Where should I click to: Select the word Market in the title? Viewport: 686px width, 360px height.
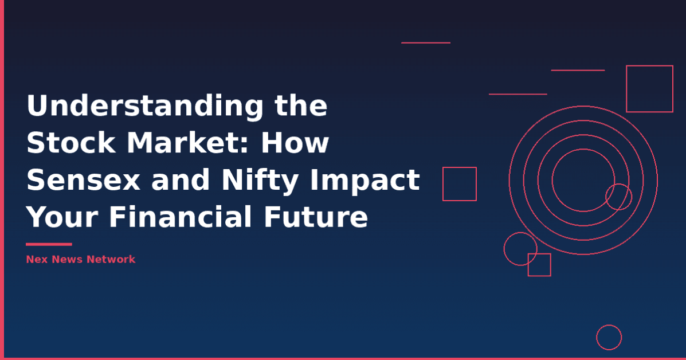(189, 143)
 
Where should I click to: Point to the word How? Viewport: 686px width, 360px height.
(296, 143)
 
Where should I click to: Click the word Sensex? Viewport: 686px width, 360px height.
(84, 181)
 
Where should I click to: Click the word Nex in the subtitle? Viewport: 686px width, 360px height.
(36, 259)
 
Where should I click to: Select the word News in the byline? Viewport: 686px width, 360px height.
(68, 259)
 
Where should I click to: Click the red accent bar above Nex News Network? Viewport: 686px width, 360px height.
(49, 244)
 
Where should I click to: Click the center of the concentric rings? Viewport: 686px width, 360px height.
(583, 180)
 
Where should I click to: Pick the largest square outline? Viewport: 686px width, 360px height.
(649, 89)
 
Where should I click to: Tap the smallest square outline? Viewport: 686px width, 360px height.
(539, 265)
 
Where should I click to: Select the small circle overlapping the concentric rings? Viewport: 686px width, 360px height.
(619, 197)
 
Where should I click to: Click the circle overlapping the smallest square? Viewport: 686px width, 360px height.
(520, 249)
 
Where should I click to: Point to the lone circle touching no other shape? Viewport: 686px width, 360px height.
(609, 337)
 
